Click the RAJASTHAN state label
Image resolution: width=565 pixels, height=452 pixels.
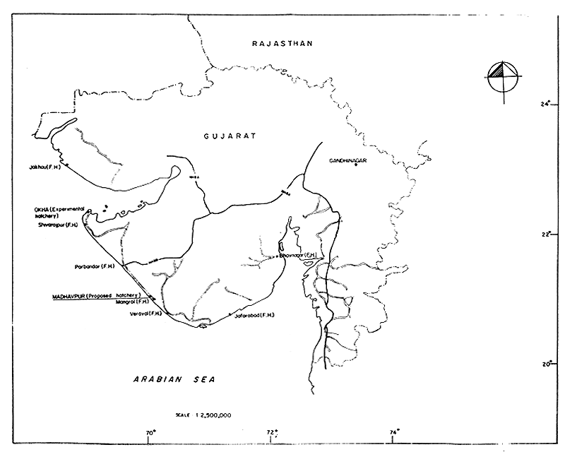click(x=282, y=44)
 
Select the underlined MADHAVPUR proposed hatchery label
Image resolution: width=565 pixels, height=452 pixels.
click(x=97, y=295)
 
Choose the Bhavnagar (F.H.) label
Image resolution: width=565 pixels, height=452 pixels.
click(x=297, y=254)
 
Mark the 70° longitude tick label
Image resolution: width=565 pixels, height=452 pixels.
click(x=150, y=432)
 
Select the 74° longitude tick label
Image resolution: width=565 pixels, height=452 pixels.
click(x=394, y=432)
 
